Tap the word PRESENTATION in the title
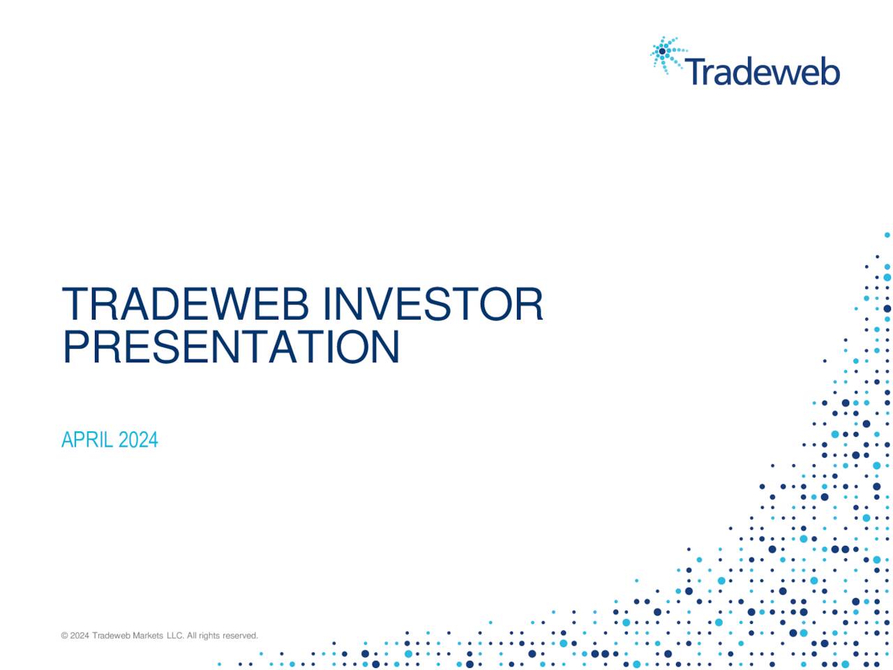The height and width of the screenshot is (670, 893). pos(231,347)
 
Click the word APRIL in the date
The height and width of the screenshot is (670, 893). pos(87,440)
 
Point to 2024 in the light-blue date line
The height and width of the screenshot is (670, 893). pos(138,440)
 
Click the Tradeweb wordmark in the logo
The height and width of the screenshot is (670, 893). pos(762,72)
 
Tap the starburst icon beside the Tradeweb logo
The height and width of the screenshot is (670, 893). pos(666,54)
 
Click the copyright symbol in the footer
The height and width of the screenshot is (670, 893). pos(64,636)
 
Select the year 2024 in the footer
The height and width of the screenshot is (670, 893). pos(80,636)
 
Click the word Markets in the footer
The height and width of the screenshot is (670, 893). pos(148,636)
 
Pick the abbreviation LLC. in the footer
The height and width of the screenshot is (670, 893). pos(175,636)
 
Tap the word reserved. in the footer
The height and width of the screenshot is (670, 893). pos(241,636)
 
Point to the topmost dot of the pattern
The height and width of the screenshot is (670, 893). pos(887,235)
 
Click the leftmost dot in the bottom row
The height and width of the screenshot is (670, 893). pos(219,664)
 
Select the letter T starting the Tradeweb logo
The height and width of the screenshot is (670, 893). pos(694,71)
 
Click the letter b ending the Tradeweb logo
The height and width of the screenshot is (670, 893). pos(830,71)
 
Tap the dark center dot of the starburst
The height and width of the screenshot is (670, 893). pos(662,51)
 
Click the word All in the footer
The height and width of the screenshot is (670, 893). pos(191,636)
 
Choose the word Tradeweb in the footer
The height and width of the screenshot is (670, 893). pos(112,636)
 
